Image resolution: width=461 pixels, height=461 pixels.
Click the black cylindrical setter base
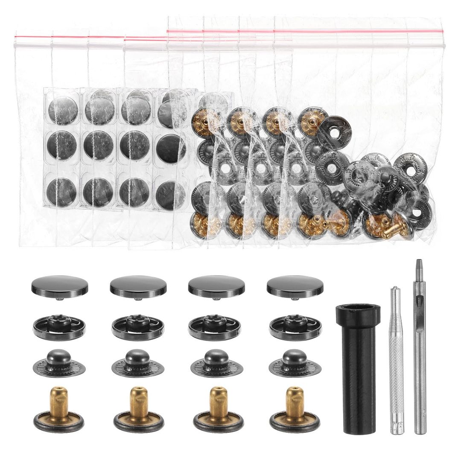click(x=358, y=371)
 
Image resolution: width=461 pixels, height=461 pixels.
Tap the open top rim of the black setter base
click(x=358, y=309)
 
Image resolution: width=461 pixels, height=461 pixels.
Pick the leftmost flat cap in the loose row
click(x=59, y=286)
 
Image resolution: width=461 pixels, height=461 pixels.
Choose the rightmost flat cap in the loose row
click(x=295, y=286)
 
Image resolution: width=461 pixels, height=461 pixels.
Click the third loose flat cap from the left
click(x=216, y=286)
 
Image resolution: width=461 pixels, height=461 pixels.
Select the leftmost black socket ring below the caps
click(x=59, y=327)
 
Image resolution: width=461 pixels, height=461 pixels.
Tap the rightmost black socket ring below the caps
click(x=295, y=327)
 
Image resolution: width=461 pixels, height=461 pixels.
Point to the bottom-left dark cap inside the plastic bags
click(x=62, y=192)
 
